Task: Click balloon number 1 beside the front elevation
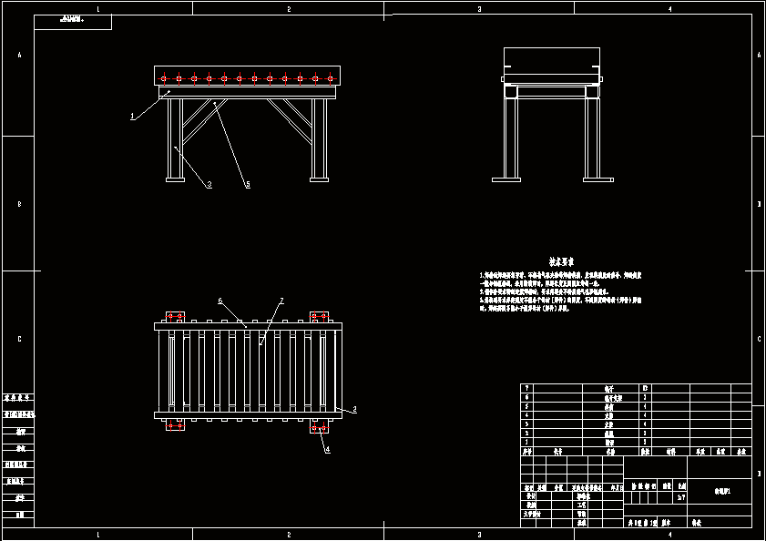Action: click(133, 116)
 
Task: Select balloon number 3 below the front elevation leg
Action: click(209, 185)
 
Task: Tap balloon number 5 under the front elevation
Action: click(247, 185)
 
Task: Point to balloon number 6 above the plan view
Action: click(220, 301)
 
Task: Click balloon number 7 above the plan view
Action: click(281, 301)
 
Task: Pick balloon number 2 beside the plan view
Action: click(354, 410)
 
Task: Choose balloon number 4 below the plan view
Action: click(328, 449)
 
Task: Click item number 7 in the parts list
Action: click(526, 388)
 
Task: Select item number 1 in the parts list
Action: click(526, 442)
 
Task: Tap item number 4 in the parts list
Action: click(526, 414)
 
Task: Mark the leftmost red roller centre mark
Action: click(164, 79)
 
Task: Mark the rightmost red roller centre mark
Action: click(330, 79)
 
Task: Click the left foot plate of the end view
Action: click(506, 179)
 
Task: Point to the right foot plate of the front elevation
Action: click(319, 179)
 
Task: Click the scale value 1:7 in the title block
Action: click(681, 497)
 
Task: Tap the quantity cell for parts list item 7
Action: click(646, 388)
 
